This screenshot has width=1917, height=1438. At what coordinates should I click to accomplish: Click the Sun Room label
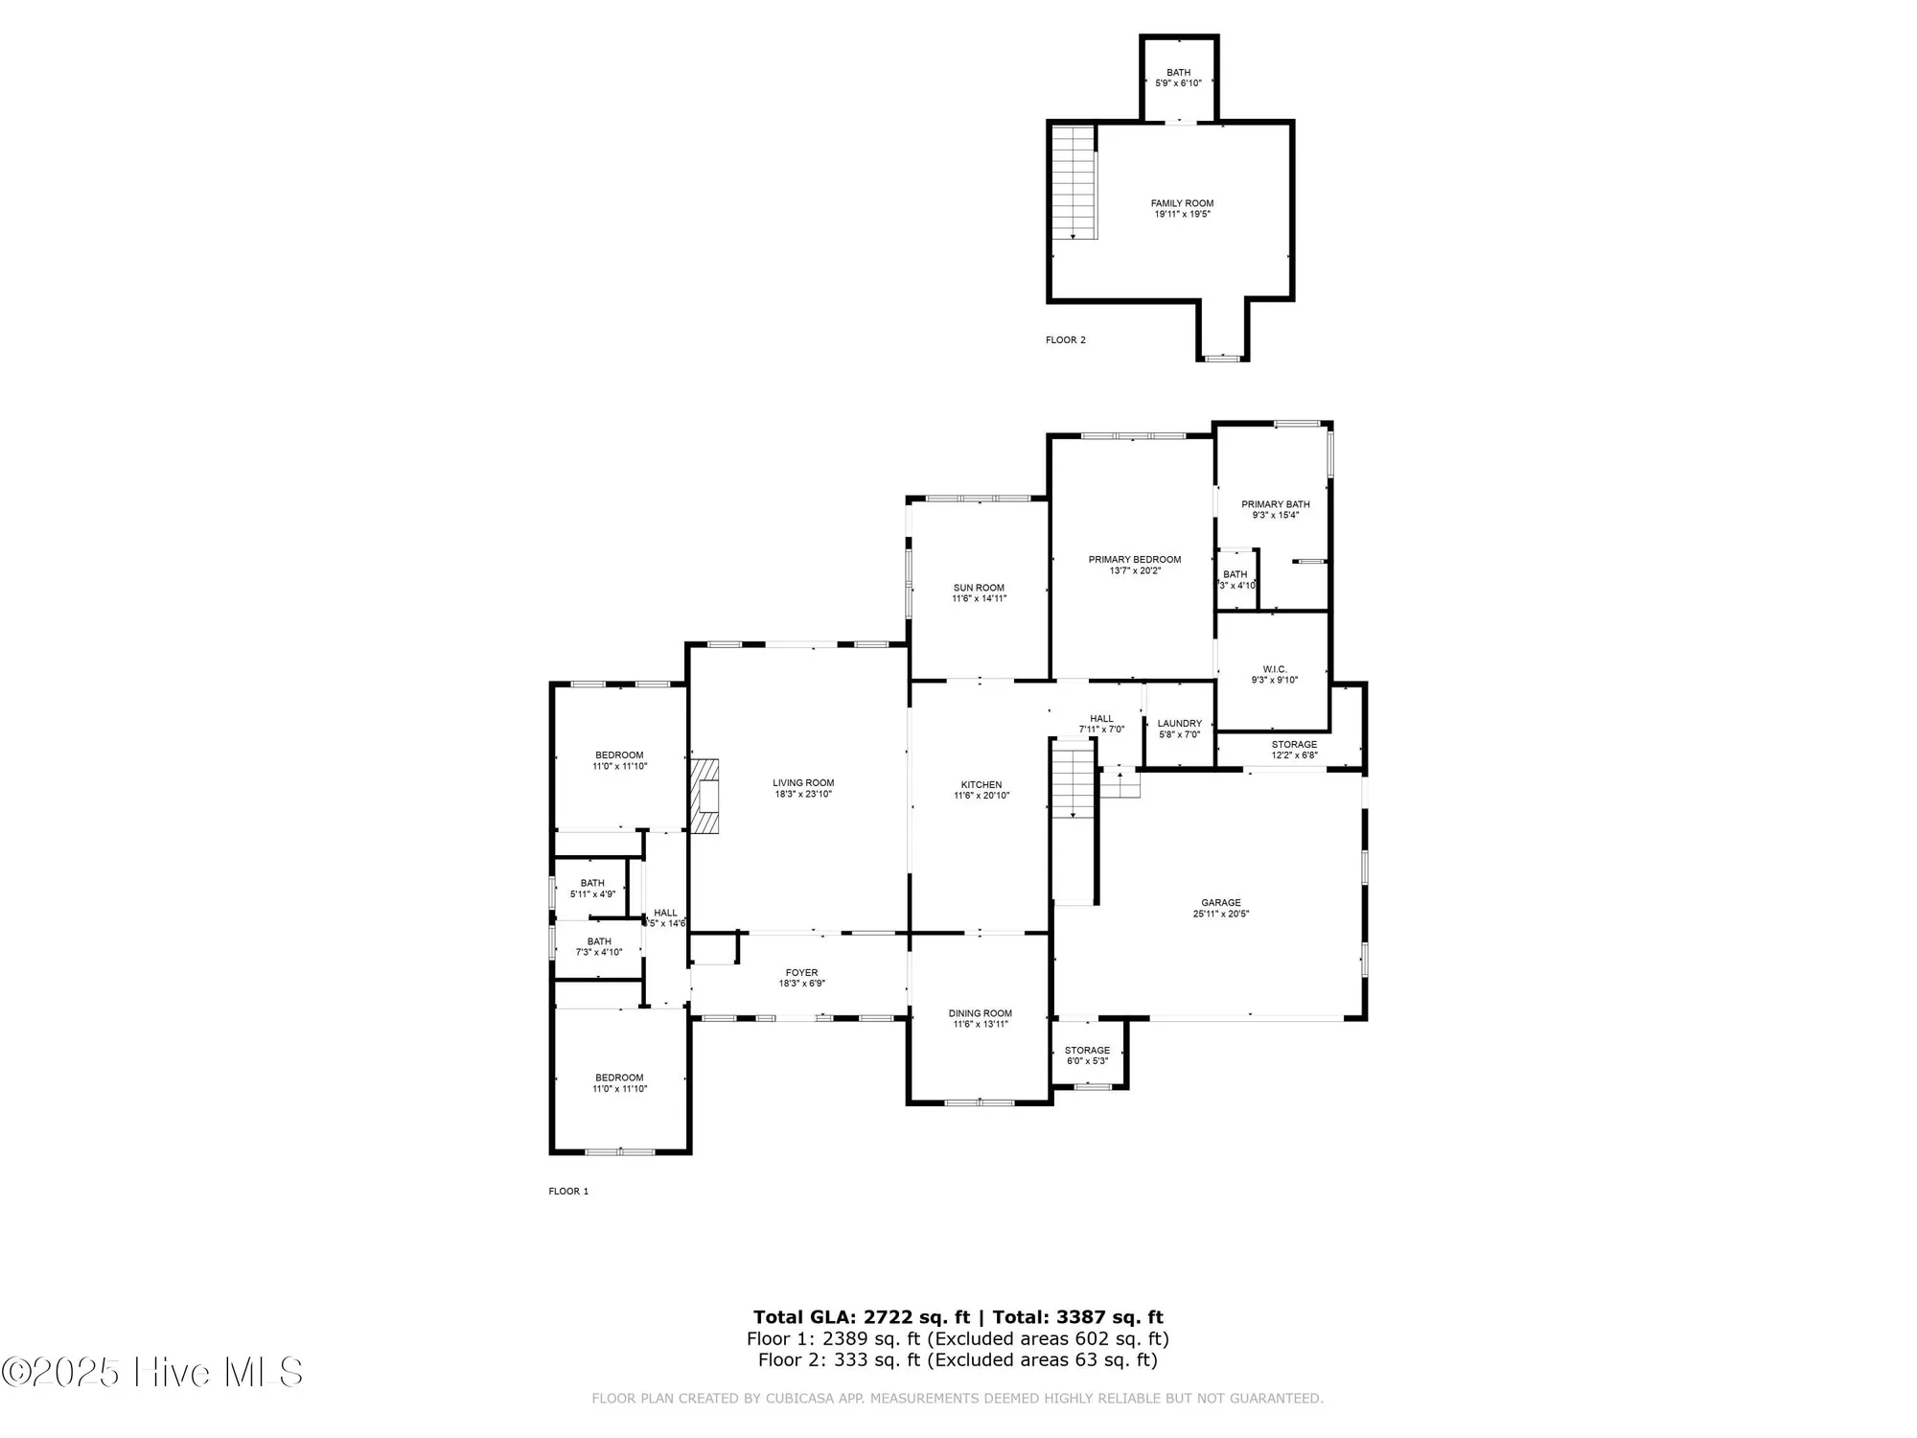click(x=979, y=588)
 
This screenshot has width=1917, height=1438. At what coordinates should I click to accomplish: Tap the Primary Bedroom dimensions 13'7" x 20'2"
click(x=1135, y=570)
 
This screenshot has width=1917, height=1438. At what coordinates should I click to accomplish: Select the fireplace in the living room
click(x=705, y=797)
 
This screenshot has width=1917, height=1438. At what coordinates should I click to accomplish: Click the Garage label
click(x=1220, y=902)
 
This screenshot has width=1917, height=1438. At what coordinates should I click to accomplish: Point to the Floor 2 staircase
click(x=1074, y=182)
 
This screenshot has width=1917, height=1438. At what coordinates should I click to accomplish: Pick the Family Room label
click(x=1182, y=203)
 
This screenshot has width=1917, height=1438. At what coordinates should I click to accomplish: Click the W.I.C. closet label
click(x=1274, y=669)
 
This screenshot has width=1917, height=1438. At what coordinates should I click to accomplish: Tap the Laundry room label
click(x=1179, y=724)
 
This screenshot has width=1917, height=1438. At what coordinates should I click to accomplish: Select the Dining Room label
click(x=980, y=1013)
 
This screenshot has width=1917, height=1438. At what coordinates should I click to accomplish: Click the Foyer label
click(x=801, y=972)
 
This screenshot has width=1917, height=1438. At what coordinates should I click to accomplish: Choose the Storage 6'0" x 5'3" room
click(x=1087, y=1055)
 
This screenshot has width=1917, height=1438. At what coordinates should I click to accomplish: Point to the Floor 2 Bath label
click(x=1178, y=73)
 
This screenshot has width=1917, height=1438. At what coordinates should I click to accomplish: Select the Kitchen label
click(x=981, y=784)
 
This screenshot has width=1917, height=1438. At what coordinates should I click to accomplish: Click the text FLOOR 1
click(x=568, y=1191)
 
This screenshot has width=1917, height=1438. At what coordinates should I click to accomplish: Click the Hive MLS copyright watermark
click(x=152, y=1372)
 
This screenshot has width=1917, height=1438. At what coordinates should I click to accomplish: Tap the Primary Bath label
click(x=1275, y=504)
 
